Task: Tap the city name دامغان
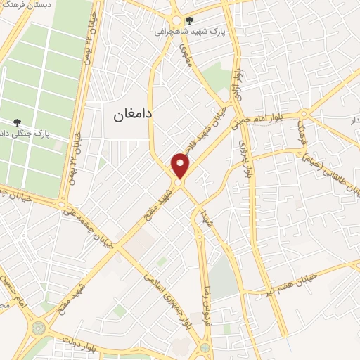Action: (134, 113)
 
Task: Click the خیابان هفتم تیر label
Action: (295, 281)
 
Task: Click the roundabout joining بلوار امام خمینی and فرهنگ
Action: (303, 115)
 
